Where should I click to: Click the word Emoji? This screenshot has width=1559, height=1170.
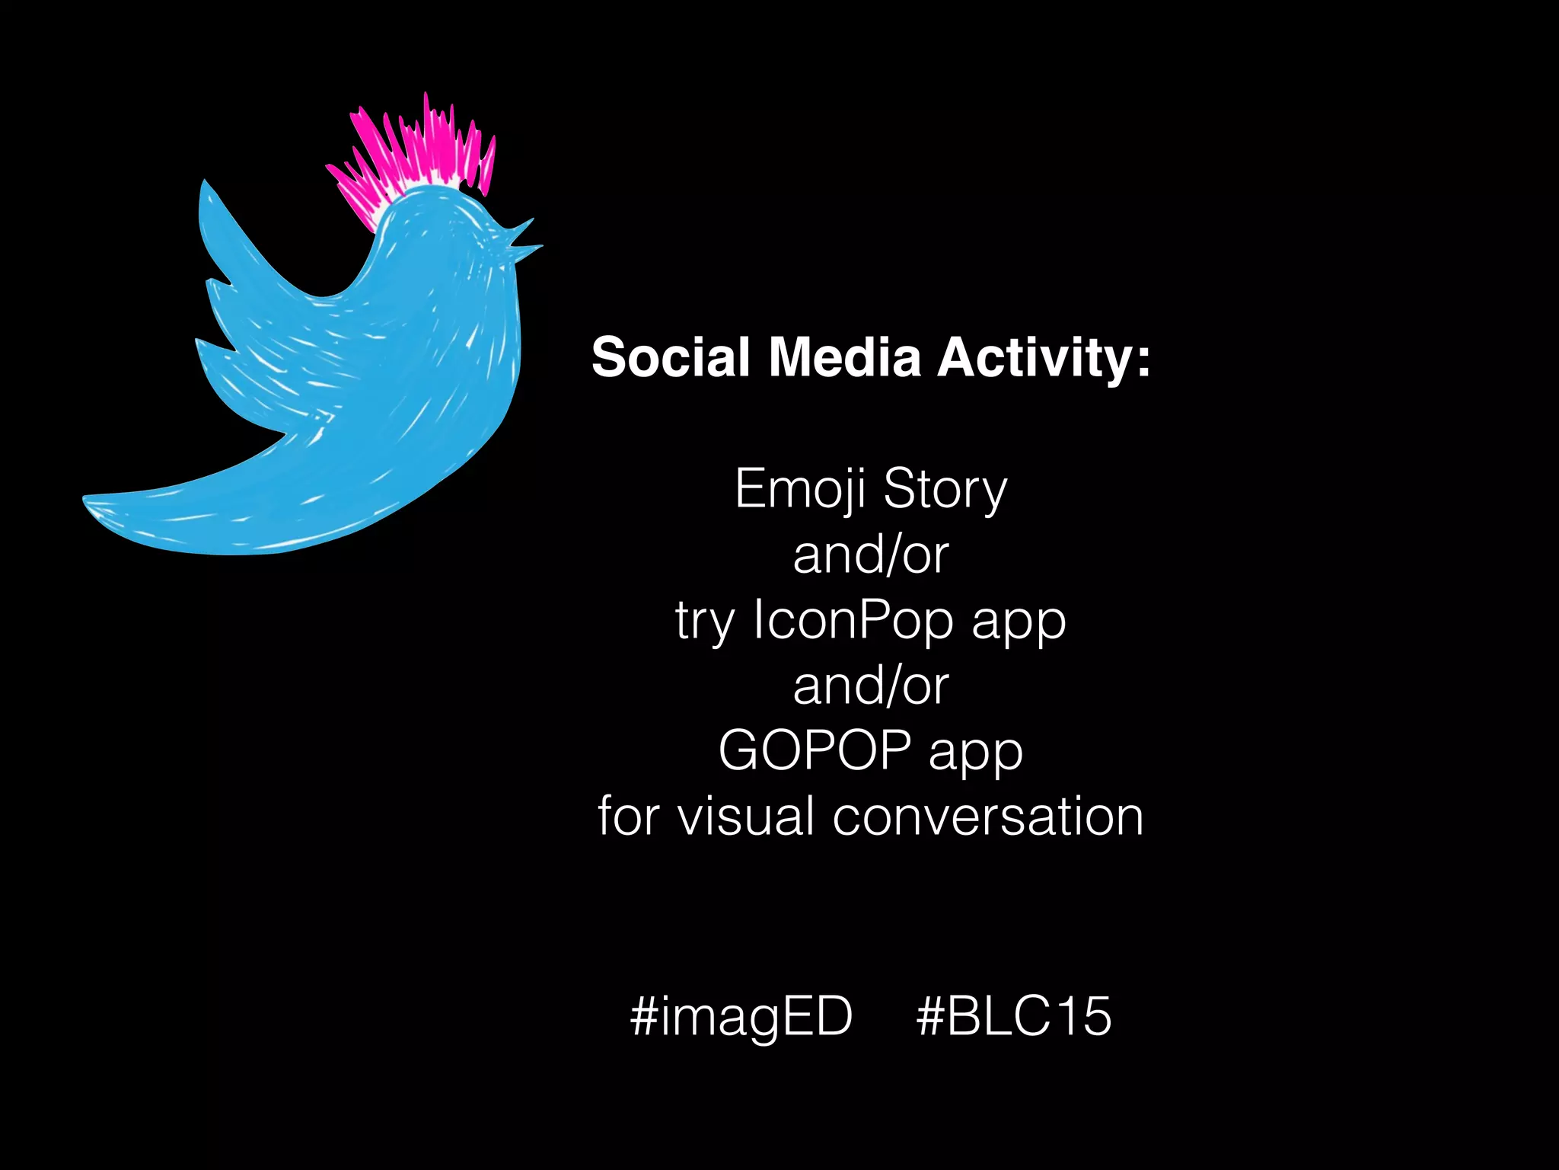click(800, 489)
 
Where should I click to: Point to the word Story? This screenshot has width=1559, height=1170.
click(945, 489)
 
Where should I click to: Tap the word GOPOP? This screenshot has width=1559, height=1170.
click(815, 750)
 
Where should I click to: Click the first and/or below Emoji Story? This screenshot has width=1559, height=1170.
click(871, 555)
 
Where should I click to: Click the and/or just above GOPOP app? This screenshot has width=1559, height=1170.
click(871, 686)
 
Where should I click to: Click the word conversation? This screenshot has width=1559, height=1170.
click(988, 817)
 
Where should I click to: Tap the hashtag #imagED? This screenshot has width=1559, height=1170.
click(741, 1016)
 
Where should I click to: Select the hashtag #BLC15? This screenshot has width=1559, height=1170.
click(1014, 1016)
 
